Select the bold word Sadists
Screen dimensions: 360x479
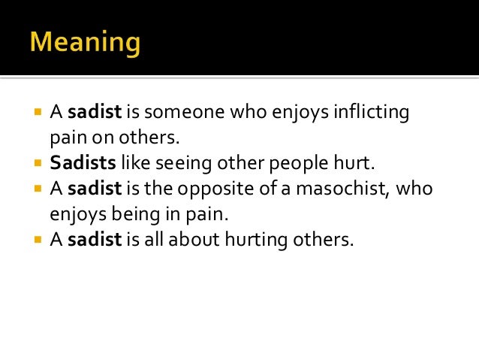pos(80,164)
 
